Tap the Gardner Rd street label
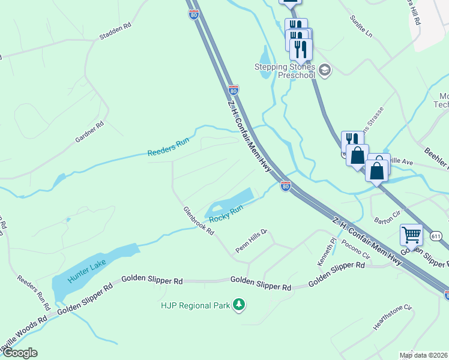(x=89, y=132)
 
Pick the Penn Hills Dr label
(x=250, y=240)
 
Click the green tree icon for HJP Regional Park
(x=240, y=305)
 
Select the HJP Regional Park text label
(x=195, y=305)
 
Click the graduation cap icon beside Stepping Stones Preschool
(x=325, y=71)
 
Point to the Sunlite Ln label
(x=361, y=26)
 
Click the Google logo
(x=19, y=353)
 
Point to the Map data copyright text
(x=423, y=355)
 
